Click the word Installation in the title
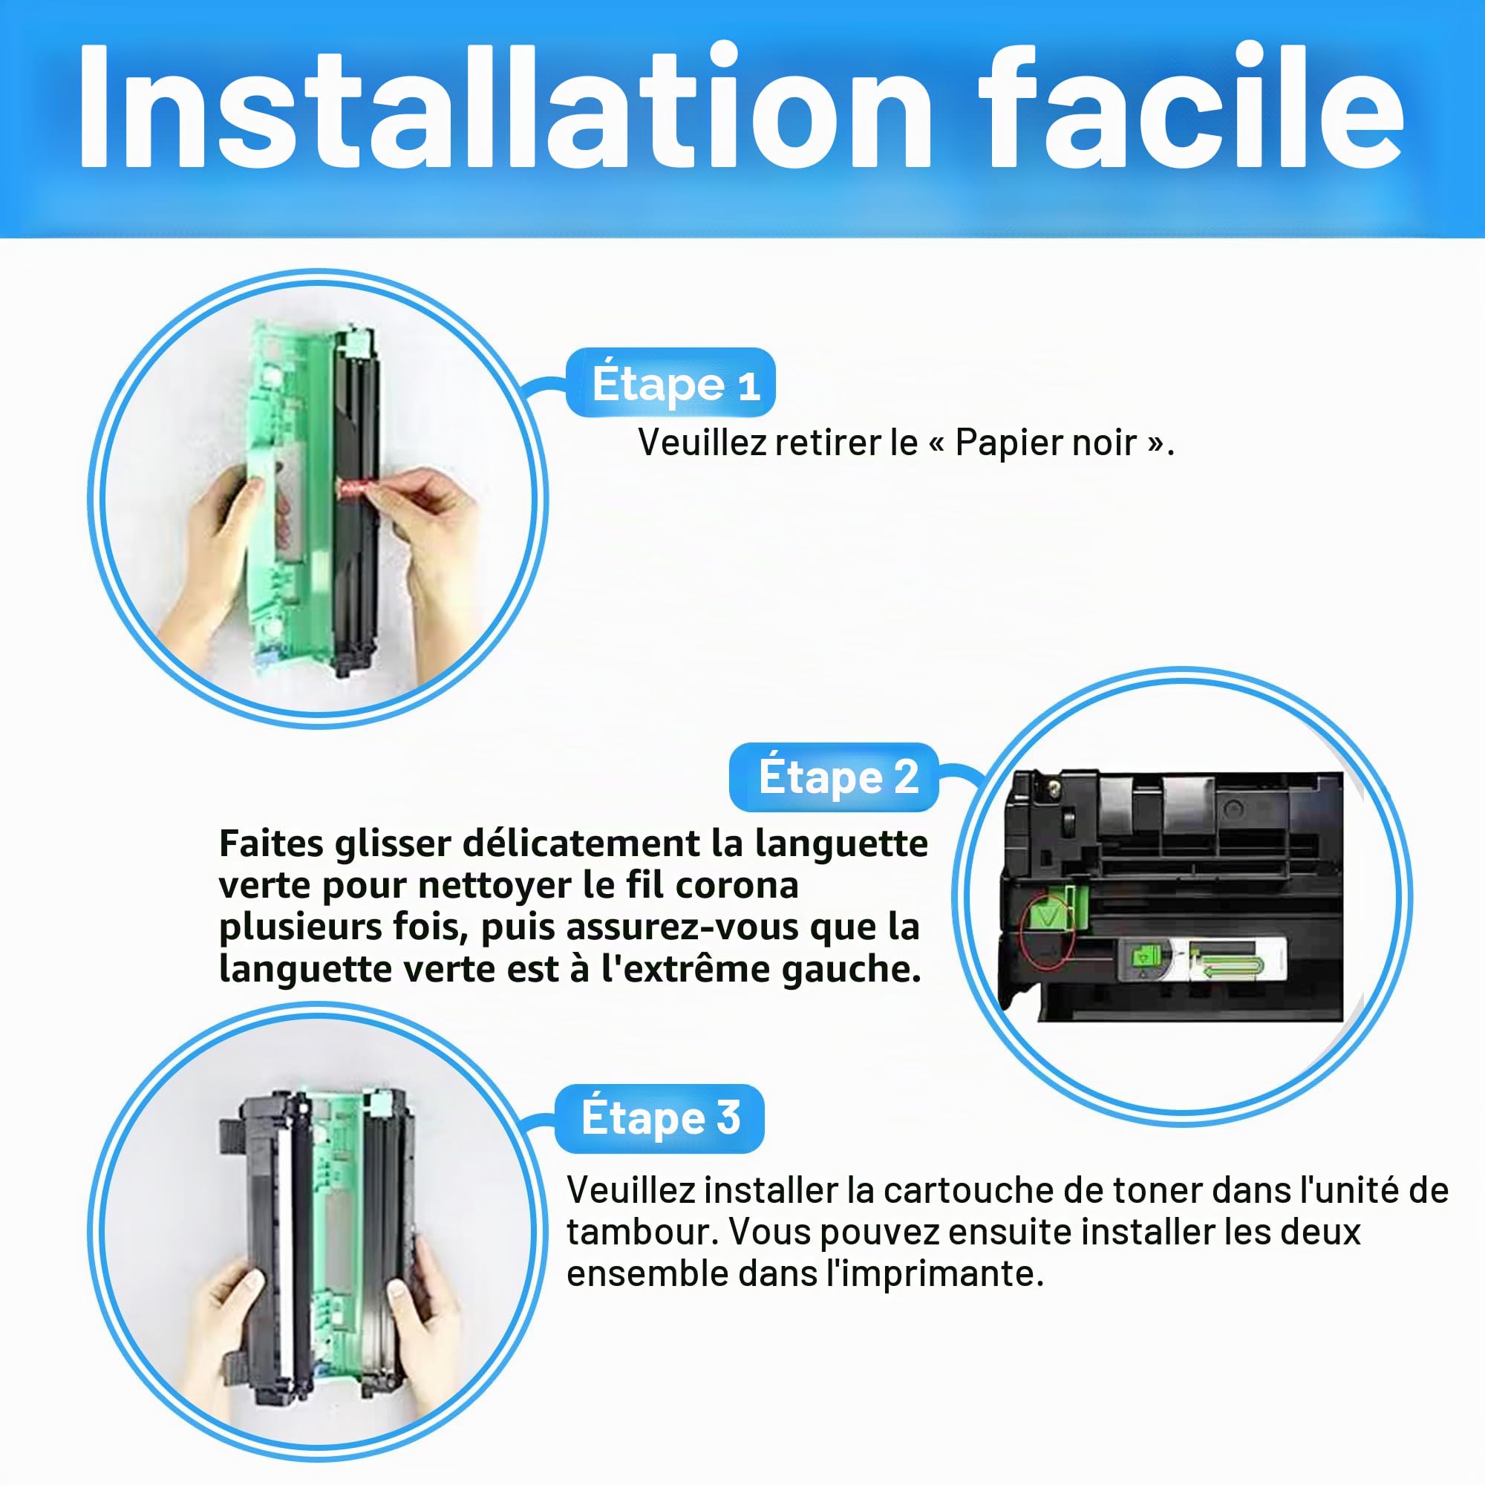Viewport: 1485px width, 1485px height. coord(504,105)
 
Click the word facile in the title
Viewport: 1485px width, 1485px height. coord(1192,105)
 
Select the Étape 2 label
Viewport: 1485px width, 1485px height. coord(834,777)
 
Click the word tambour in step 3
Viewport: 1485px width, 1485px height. coord(637,1232)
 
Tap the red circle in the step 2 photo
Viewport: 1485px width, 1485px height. coord(1046,931)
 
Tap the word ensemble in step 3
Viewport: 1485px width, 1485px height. coord(648,1273)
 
